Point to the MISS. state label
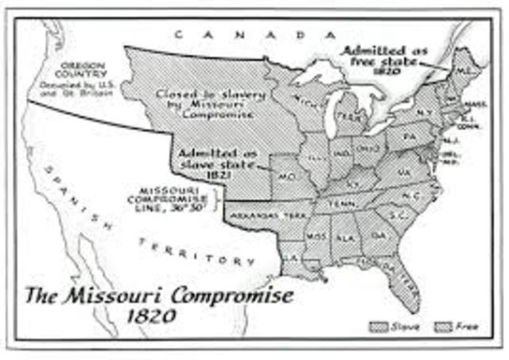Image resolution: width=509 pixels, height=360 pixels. pyautogui.click(x=317, y=237)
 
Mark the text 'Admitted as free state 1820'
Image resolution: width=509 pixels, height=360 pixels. pyautogui.click(x=384, y=60)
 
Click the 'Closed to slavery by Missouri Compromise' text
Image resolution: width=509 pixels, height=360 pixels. pyautogui.click(x=212, y=103)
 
